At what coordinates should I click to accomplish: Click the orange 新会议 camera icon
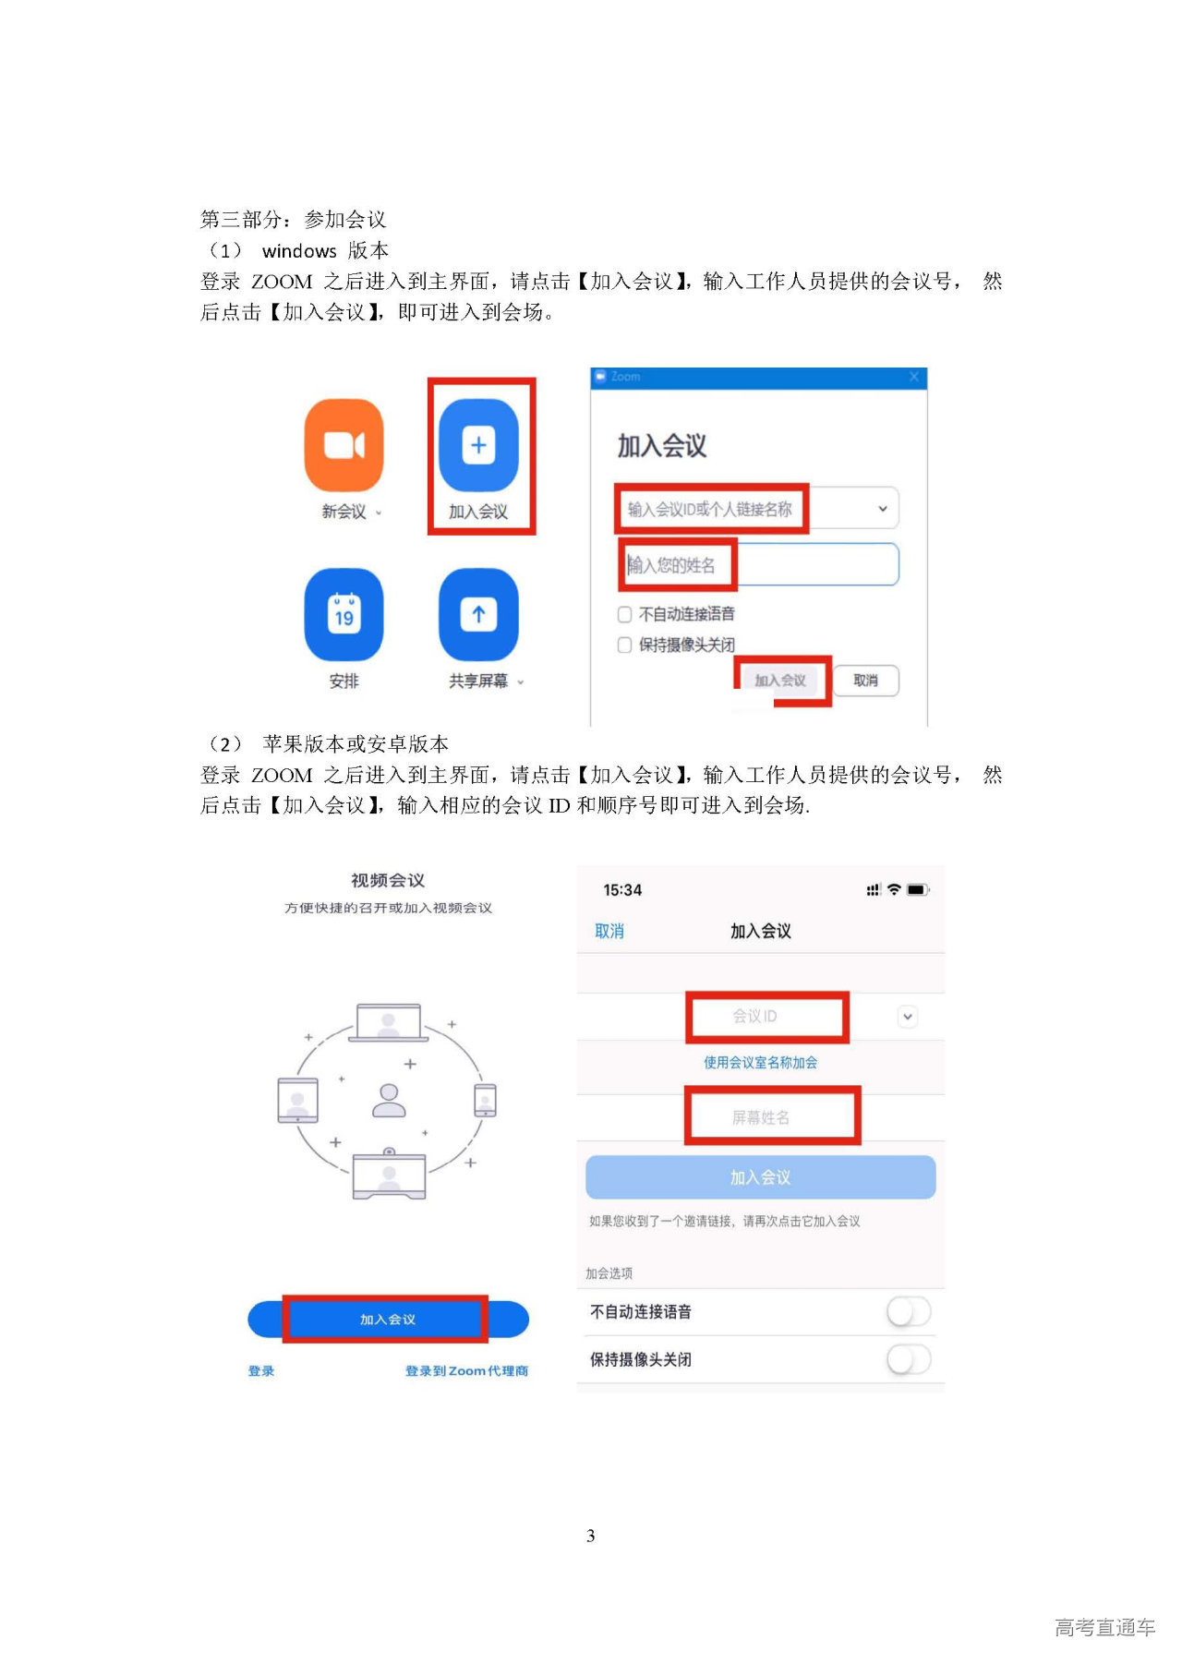click(344, 445)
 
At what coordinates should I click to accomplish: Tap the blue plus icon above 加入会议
click(478, 445)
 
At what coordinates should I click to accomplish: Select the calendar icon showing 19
click(344, 615)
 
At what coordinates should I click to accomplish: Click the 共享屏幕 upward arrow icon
click(478, 615)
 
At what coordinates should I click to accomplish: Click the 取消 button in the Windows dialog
click(865, 681)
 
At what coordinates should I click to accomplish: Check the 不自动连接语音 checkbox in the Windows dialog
click(625, 614)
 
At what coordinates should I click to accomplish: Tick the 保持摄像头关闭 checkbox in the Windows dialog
click(625, 645)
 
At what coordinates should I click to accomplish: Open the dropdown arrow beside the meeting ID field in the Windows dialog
click(882, 509)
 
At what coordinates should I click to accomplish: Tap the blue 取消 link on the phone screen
click(609, 931)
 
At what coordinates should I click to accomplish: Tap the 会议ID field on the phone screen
click(755, 1016)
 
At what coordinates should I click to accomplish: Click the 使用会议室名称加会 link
click(760, 1062)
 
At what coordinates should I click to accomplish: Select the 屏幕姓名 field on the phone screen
click(761, 1117)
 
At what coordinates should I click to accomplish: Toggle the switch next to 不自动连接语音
click(909, 1311)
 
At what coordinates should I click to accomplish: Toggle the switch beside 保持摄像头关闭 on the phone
click(909, 1359)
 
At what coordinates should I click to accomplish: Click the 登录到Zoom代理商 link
click(466, 1371)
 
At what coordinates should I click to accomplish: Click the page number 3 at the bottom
click(591, 1536)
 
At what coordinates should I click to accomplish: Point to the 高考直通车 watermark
click(1104, 1627)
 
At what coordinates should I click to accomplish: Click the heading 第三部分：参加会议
click(294, 220)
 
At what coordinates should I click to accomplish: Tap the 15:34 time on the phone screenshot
click(622, 890)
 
